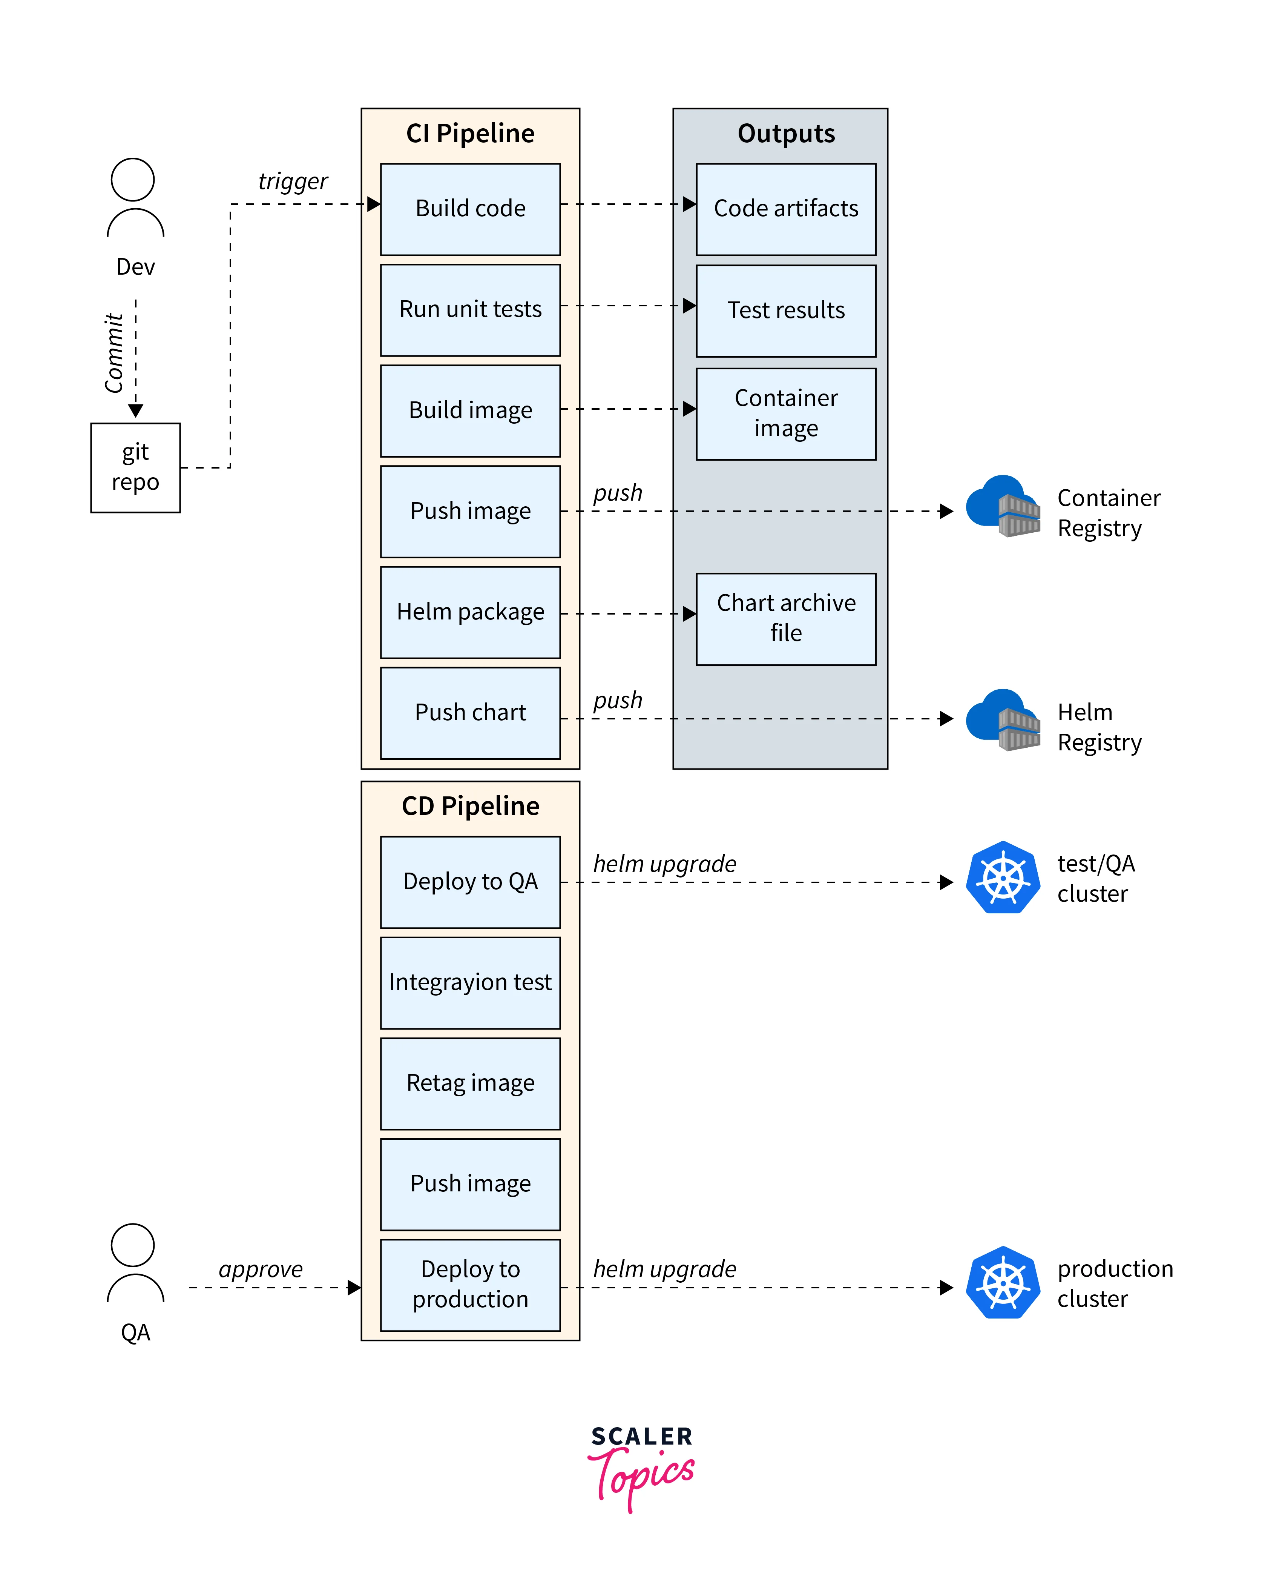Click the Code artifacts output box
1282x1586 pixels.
[x=786, y=209]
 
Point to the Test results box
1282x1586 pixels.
[x=786, y=310]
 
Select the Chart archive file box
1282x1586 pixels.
[x=786, y=618]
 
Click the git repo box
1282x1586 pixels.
[x=135, y=467]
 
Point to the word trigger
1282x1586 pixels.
[x=293, y=181]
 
